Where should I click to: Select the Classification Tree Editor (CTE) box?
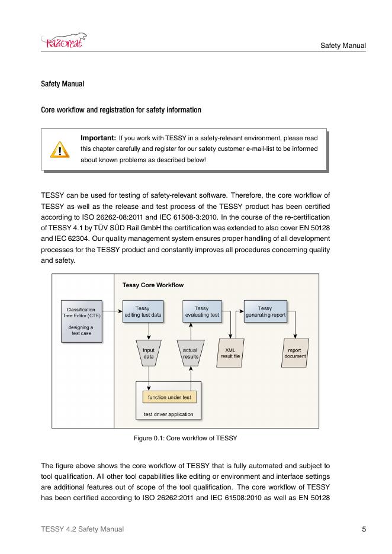point(82,321)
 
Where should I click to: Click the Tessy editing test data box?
point(142,312)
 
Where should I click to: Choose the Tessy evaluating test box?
point(201,312)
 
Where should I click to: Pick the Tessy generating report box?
point(265,312)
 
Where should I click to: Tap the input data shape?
point(149,353)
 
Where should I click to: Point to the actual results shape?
point(190,353)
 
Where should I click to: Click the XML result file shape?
point(230,353)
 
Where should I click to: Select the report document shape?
point(295,353)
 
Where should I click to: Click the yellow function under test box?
point(169,397)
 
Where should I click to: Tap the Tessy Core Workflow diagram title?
point(153,285)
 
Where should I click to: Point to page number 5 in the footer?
point(364,529)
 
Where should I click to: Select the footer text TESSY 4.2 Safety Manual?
point(82,529)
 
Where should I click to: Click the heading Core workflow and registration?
point(121,110)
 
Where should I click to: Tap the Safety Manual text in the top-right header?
point(343,46)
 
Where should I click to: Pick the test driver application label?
point(169,414)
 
